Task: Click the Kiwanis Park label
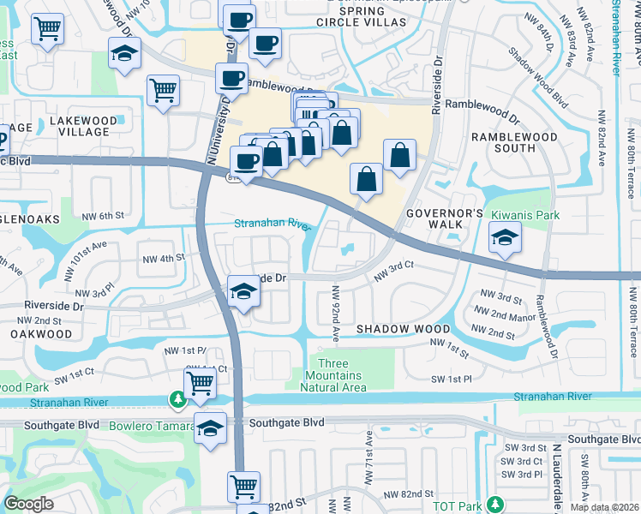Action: (524, 215)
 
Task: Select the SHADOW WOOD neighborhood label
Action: (403, 329)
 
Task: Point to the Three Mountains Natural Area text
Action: (331, 375)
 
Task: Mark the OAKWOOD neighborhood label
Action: (42, 334)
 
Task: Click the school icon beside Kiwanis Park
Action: (505, 238)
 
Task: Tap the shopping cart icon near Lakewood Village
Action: (163, 91)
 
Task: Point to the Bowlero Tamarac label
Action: (147, 426)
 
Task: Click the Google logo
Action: (29, 504)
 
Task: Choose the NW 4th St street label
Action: (164, 258)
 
